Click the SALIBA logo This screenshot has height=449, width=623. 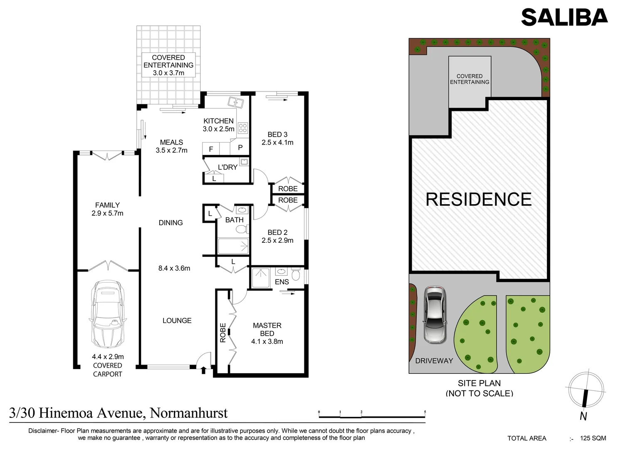tap(565, 17)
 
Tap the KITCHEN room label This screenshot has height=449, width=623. tap(219, 121)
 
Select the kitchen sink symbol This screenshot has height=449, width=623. tap(235, 102)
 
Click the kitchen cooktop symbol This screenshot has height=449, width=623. tap(243, 128)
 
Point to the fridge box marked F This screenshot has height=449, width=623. tap(211, 149)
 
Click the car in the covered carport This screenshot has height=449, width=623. tap(108, 314)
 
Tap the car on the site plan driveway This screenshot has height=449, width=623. tap(435, 315)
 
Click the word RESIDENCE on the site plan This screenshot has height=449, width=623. tap(479, 199)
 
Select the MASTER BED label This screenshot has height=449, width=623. tap(267, 329)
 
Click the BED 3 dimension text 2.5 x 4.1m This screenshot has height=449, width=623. tap(277, 143)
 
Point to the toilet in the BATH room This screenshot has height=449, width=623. tap(242, 229)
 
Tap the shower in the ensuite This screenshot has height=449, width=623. tap(261, 278)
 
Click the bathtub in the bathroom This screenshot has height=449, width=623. tap(233, 246)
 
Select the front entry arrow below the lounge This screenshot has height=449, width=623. tap(204, 370)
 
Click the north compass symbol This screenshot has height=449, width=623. tap(586, 390)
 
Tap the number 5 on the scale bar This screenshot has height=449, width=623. tap(425, 412)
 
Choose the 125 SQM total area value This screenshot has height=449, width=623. tap(593, 438)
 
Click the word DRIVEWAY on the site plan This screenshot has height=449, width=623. tap(434, 361)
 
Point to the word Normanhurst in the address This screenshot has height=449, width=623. tap(189, 413)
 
